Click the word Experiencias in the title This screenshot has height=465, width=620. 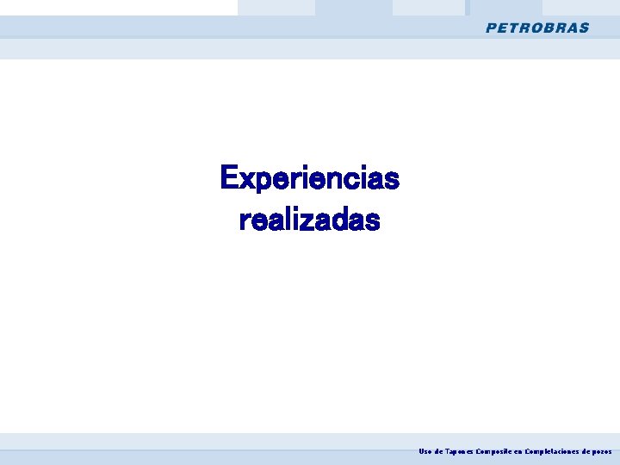pyautogui.click(x=309, y=178)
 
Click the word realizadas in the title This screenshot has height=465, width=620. pyautogui.click(x=309, y=220)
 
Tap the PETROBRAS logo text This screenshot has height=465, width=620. pyautogui.click(x=537, y=28)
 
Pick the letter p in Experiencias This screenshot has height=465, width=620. pyautogui.click(x=263, y=182)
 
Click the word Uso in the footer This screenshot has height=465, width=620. pyautogui.click(x=425, y=451)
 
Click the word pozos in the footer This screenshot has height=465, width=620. pyautogui.click(x=602, y=451)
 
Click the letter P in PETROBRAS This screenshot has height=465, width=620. pyautogui.click(x=492, y=28)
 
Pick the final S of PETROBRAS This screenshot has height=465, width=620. pyautogui.click(x=585, y=28)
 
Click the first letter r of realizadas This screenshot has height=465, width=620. pyautogui.click(x=245, y=221)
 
